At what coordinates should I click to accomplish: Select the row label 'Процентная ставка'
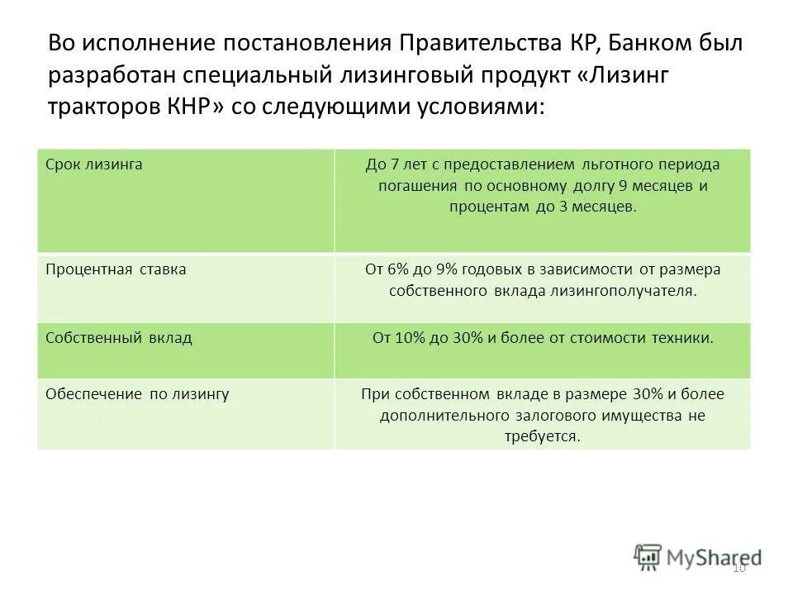point(116,269)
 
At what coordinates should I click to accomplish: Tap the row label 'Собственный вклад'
point(118,338)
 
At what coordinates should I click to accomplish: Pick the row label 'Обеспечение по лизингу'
point(137,394)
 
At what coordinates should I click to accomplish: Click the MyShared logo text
point(714,557)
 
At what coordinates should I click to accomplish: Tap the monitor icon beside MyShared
point(648,556)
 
